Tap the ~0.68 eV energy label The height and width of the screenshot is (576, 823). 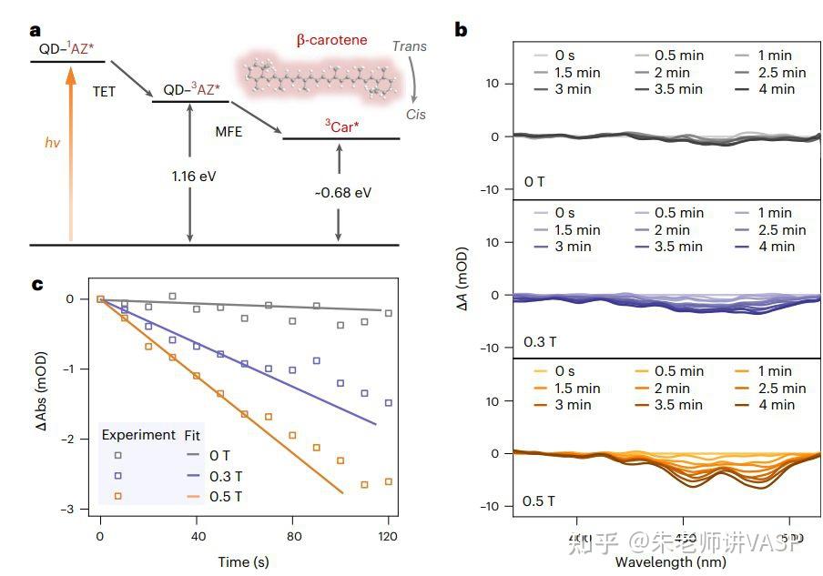click(342, 193)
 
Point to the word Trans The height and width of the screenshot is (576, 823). click(409, 46)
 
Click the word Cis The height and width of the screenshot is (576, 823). click(415, 115)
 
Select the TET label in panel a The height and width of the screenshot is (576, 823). click(104, 92)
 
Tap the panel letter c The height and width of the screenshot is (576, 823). click(37, 284)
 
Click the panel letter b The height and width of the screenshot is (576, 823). click(462, 30)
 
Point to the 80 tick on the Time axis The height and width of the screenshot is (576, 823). click(292, 538)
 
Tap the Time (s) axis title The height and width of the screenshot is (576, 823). click(243, 561)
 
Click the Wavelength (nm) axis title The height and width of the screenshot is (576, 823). click(670, 561)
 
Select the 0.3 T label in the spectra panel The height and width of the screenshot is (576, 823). click(542, 341)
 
